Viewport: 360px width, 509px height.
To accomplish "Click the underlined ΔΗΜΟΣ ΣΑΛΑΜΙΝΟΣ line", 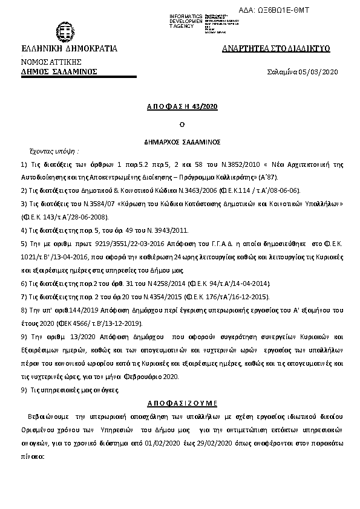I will tap(59, 71).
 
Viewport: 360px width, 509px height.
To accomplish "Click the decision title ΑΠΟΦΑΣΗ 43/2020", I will tap(182, 106).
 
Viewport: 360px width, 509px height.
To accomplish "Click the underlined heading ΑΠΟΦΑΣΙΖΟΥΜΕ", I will tap(182, 403).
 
